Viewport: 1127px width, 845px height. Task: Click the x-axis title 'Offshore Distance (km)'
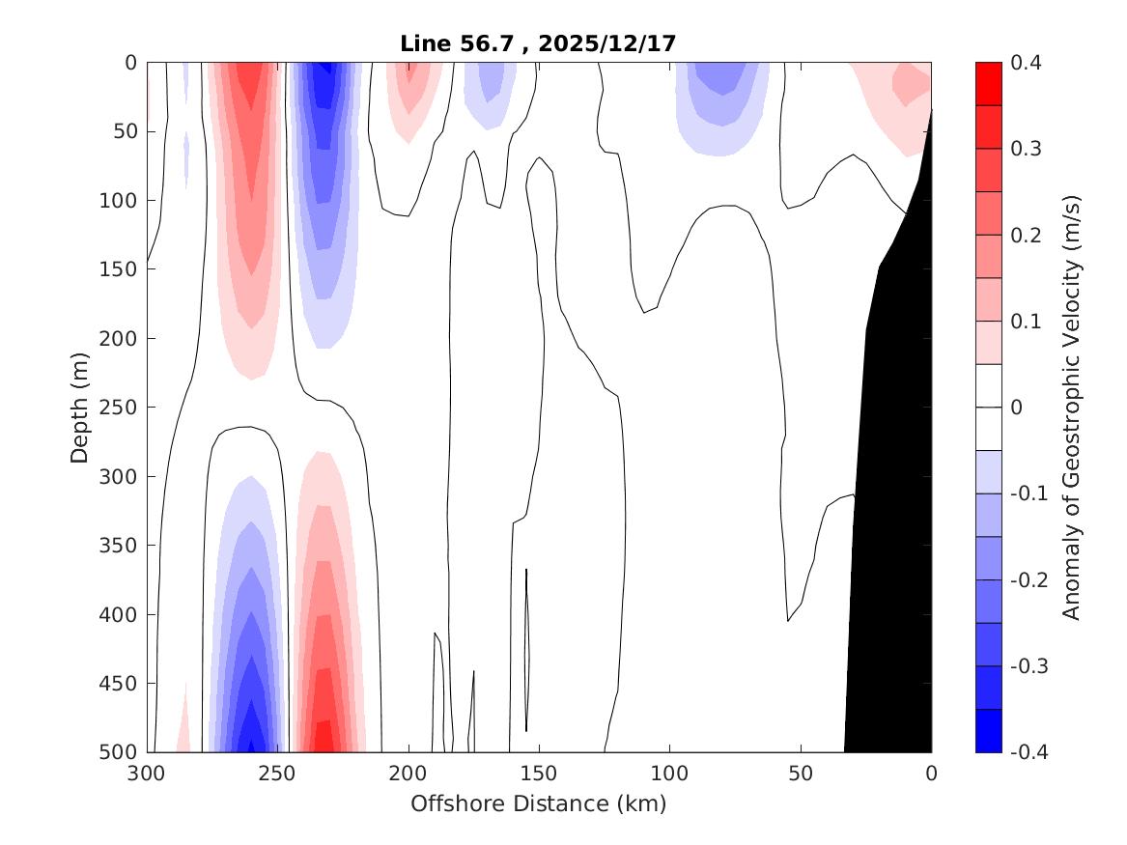[x=539, y=803]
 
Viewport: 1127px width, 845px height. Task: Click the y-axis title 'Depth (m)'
[x=80, y=407]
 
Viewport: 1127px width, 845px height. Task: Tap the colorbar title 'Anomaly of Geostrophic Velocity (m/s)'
[x=1070, y=407]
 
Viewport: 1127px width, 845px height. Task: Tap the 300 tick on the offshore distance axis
[x=147, y=774]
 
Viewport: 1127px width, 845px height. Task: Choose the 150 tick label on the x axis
[x=539, y=774]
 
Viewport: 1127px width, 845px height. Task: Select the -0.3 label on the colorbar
[x=1029, y=666]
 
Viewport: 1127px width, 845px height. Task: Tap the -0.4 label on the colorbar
[x=1029, y=751]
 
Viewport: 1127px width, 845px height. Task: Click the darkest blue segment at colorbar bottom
[x=988, y=731]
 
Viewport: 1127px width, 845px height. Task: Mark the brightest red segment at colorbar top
[x=988, y=84]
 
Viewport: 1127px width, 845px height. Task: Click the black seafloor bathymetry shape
[x=893, y=483]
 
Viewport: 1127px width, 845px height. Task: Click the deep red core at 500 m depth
[x=323, y=736]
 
